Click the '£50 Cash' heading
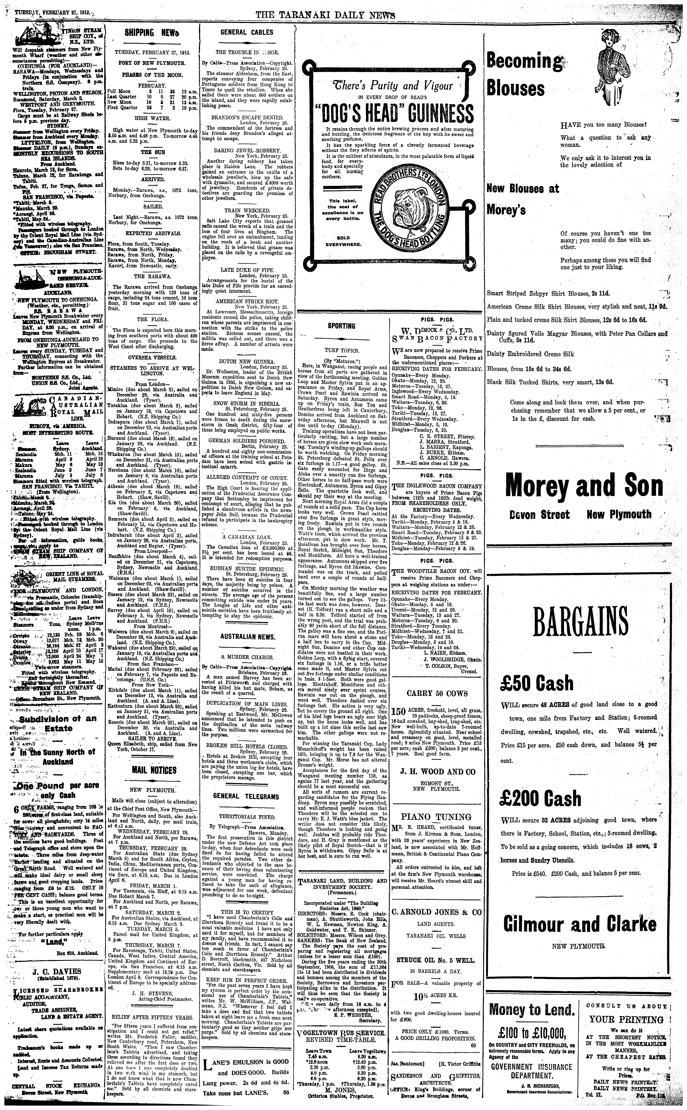point(537,683)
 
